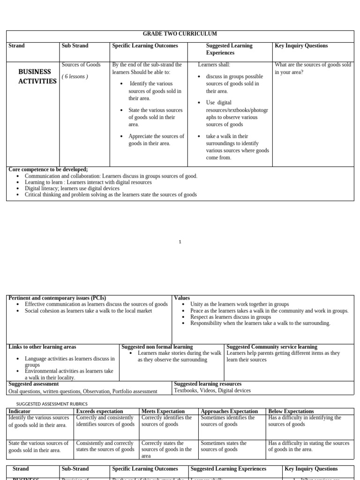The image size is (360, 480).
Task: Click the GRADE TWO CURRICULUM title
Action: [180, 34]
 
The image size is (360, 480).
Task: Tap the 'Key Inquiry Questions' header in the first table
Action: [301, 46]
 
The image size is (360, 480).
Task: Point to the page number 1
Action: [180, 242]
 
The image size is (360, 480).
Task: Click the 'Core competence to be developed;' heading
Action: [48, 169]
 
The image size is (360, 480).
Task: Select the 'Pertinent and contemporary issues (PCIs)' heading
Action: [57, 298]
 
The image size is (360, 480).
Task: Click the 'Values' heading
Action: [182, 298]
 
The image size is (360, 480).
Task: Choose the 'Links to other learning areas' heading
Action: [42, 347]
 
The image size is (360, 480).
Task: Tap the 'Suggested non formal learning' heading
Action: [157, 347]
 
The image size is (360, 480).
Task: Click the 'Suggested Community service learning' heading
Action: [272, 347]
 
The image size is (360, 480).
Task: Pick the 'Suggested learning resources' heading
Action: [208, 384]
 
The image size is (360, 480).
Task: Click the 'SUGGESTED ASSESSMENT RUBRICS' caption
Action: [52, 404]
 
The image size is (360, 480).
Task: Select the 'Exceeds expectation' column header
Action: [99, 411]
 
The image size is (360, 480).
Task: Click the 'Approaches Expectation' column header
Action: [229, 411]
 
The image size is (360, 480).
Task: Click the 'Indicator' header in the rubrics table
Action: [20, 411]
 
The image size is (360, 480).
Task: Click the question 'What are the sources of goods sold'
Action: [313, 65]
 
